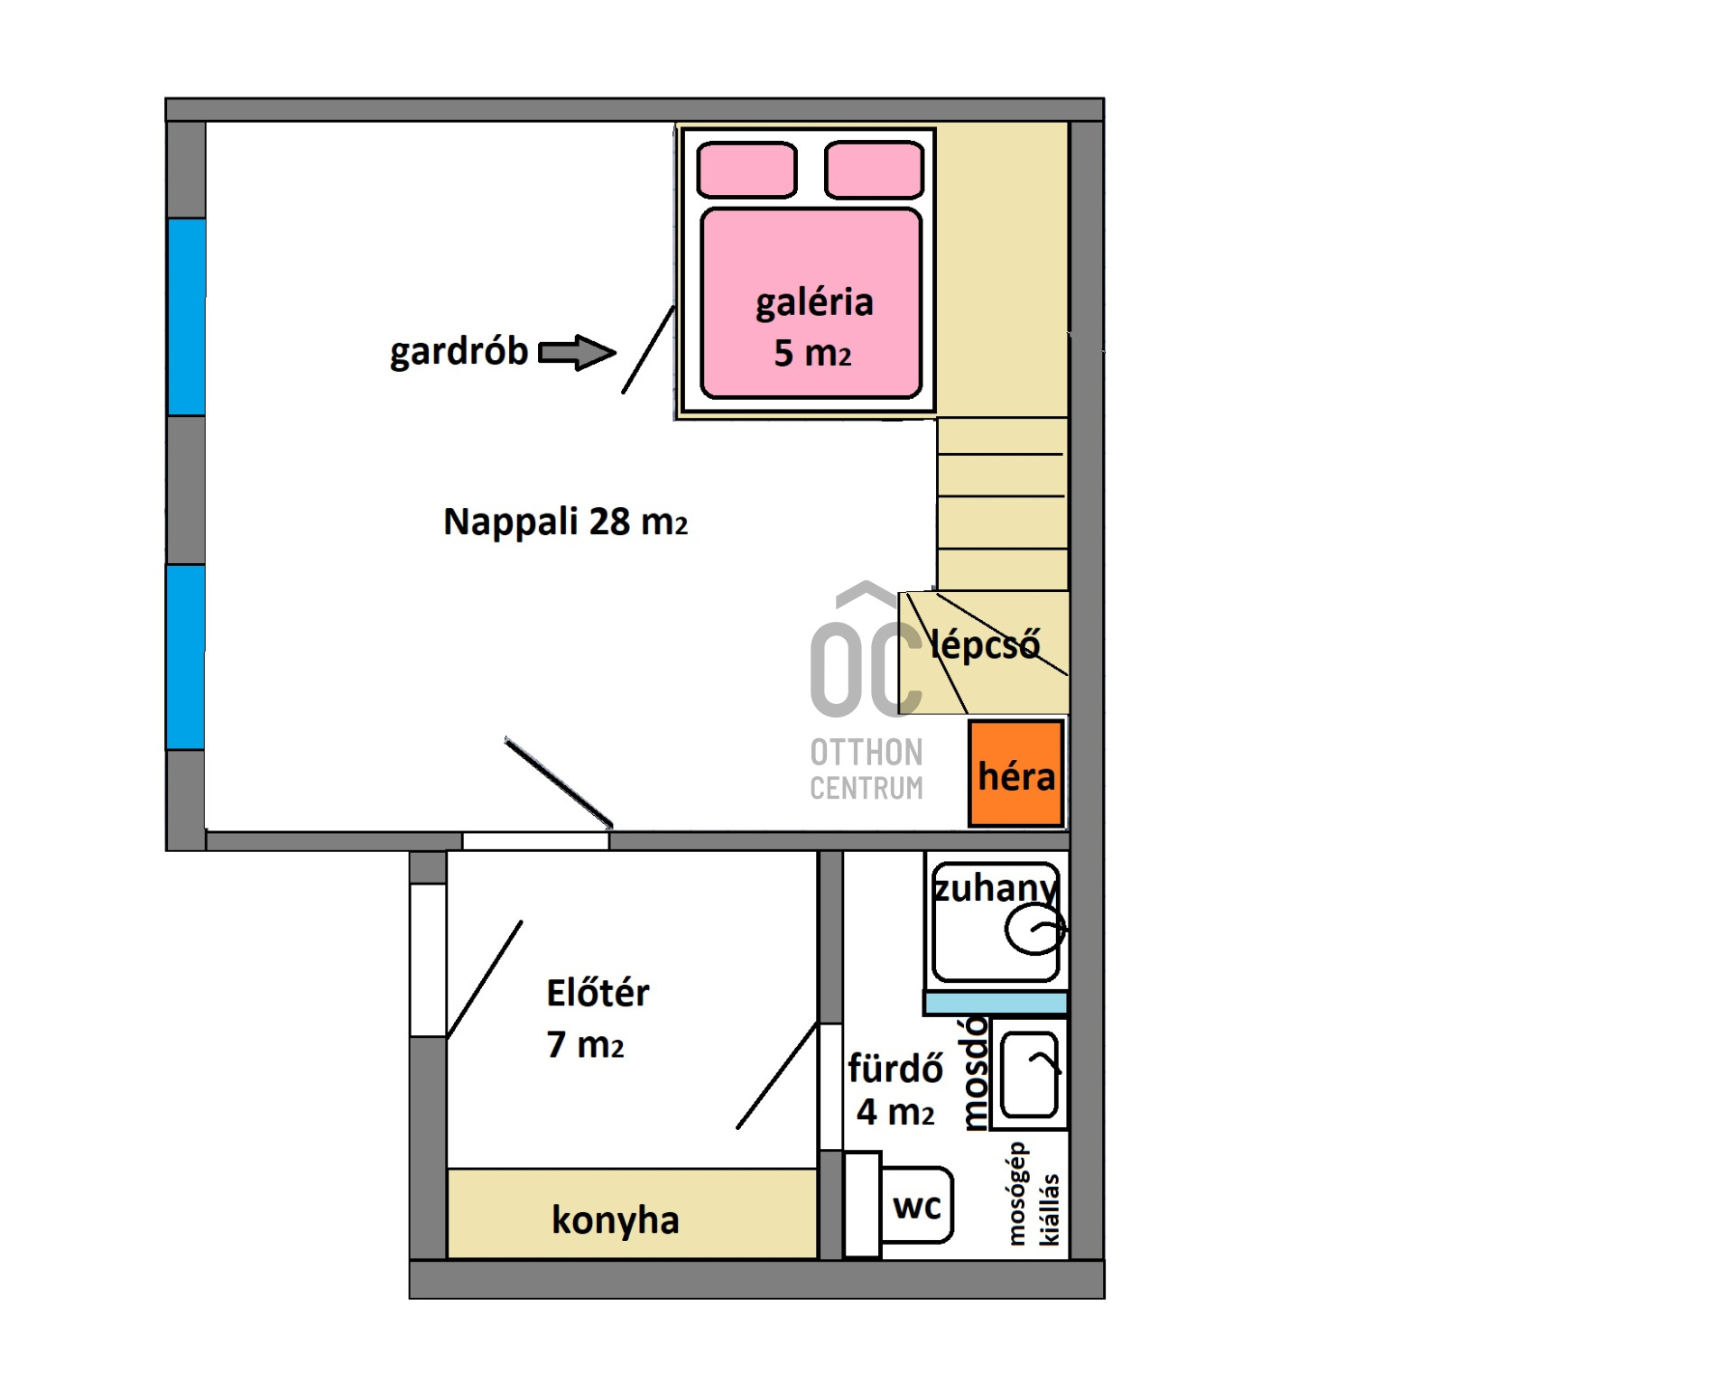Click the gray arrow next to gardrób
point(577,352)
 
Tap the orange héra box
point(1015,773)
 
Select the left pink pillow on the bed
point(747,170)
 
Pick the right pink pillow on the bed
point(874,170)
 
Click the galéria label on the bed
point(814,302)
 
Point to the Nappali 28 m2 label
point(565,522)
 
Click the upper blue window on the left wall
point(187,317)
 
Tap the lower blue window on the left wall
point(186,657)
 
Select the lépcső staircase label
point(985,644)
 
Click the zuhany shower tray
point(996,922)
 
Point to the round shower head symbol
point(1035,928)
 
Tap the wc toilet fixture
point(915,1205)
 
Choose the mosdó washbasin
point(1029,1074)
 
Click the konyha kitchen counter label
point(616,1220)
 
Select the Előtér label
point(598,993)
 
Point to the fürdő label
point(895,1069)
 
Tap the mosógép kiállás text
point(1033,1195)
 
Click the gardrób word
point(459,352)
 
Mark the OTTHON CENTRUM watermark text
point(866,770)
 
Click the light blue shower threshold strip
point(996,1003)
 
